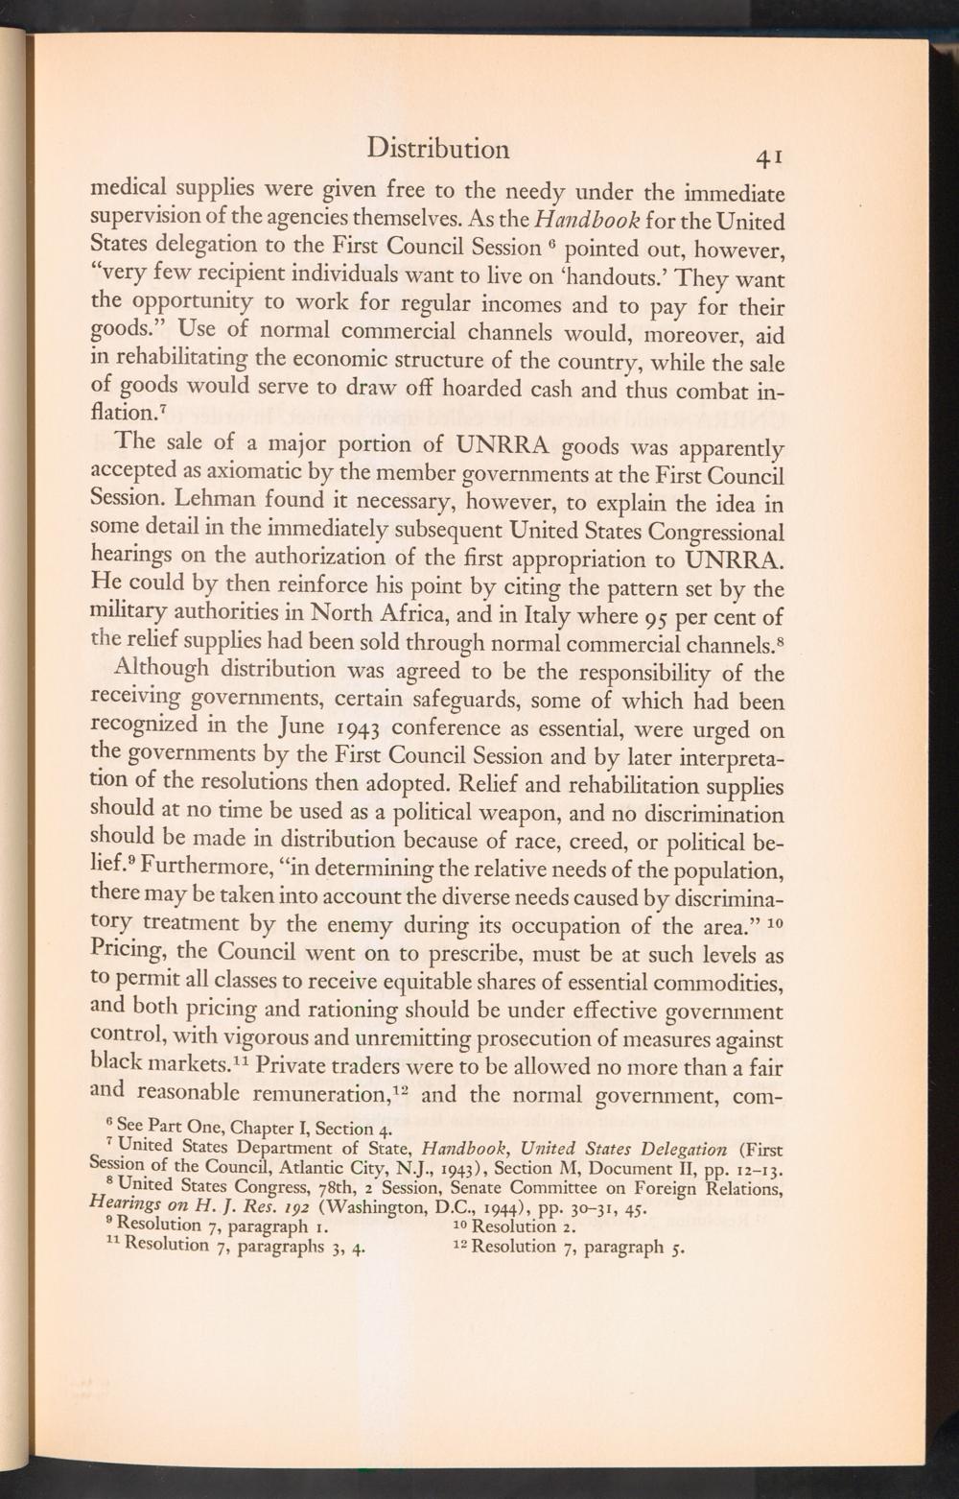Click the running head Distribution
tap(438, 149)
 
